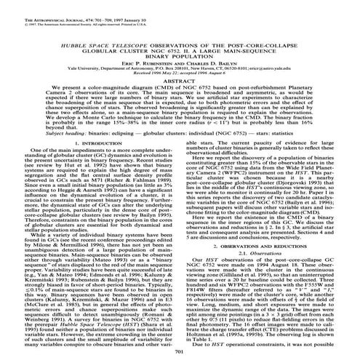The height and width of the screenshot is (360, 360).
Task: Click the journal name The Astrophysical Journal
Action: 43,6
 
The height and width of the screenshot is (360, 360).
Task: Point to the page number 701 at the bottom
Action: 180,353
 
